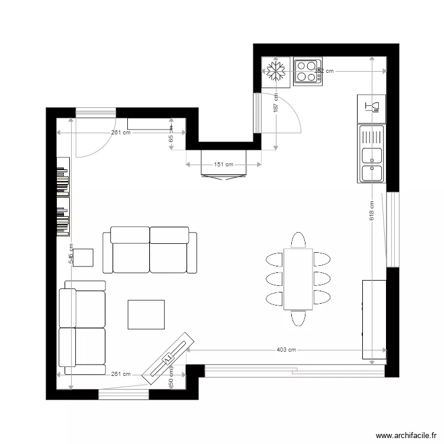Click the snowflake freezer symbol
coord(276,72)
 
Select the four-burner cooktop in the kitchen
coord(307,72)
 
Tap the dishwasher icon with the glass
coord(371,107)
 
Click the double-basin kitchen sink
coord(371,154)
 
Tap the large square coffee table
coord(146,314)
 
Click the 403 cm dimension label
coord(285,350)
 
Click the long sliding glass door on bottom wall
coord(294,371)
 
